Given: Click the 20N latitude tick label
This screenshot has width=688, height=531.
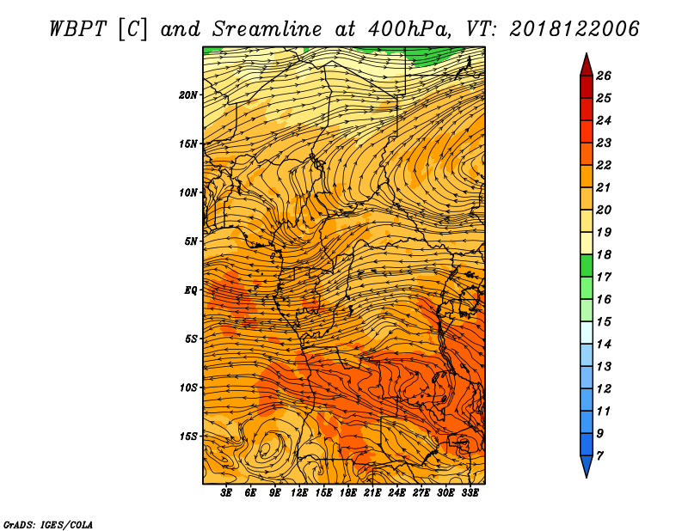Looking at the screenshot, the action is (x=187, y=95).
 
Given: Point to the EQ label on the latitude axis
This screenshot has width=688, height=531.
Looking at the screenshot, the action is (x=190, y=290).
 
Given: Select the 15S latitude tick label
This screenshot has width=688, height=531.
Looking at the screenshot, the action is (x=188, y=436).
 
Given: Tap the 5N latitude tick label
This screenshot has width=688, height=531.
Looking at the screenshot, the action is (x=191, y=241).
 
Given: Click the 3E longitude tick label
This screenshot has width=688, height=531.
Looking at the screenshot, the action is (x=226, y=492).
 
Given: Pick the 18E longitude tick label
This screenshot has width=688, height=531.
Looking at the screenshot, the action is (x=348, y=492).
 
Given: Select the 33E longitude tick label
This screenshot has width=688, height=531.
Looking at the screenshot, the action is (x=470, y=492).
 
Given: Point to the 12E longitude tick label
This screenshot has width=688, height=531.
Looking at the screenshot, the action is (x=299, y=492).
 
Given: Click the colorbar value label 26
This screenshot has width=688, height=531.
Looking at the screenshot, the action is (x=604, y=76).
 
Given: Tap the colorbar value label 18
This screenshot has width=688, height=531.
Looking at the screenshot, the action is (x=604, y=254).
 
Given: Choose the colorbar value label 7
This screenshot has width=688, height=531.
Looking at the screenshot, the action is (x=599, y=456).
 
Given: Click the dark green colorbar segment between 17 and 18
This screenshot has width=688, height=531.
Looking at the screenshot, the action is (x=587, y=265).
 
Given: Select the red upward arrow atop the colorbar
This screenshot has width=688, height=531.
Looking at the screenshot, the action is (x=587, y=65).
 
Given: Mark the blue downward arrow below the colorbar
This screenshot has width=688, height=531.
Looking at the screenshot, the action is (x=587, y=467).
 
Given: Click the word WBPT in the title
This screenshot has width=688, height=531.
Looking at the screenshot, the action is (x=78, y=29).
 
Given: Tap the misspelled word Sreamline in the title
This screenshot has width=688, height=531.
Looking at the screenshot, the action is (x=267, y=29).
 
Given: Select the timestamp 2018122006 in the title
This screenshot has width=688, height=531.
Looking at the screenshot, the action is (x=574, y=29).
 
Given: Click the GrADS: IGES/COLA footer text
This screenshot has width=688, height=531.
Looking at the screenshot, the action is (x=48, y=525).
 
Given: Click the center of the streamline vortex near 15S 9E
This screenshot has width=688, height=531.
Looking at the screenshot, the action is (x=266, y=449).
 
